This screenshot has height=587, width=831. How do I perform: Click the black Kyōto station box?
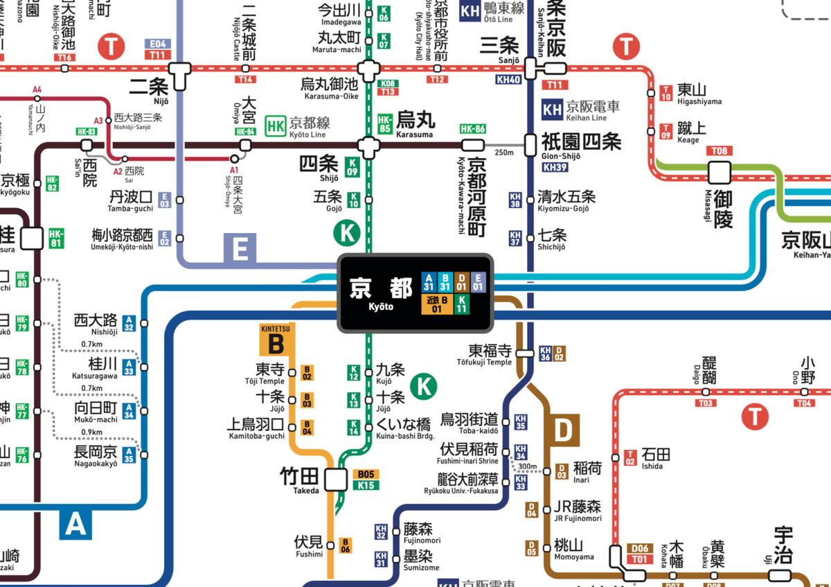coord(415,292)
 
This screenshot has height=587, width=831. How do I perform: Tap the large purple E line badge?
coord(240,249)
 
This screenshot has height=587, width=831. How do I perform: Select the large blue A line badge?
coord(75,524)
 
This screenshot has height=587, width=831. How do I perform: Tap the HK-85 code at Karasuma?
coord(386,124)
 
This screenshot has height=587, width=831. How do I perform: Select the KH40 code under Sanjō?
coord(508,80)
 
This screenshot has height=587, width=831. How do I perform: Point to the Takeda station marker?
coord(337,480)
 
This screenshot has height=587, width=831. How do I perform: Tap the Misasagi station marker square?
coord(720,171)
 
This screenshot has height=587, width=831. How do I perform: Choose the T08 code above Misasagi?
coord(720,151)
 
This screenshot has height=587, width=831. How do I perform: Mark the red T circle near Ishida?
coord(754,417)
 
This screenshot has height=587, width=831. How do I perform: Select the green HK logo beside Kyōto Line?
coord(276,124)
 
